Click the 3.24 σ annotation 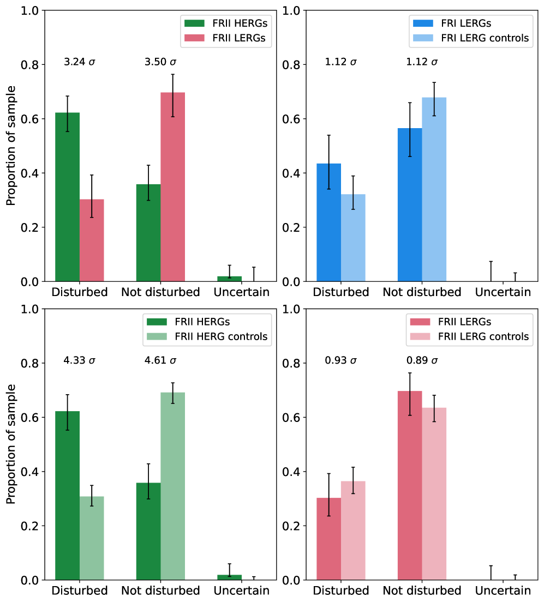pos(80,62)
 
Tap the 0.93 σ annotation pos(340,360)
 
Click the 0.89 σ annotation pos(422,360)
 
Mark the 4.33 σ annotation pos(80,360)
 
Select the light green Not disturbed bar pos(172,486)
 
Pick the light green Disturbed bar pos(92,538)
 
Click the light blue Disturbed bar pos(353,238)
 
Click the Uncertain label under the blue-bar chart pos(503,292)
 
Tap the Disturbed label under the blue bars pos(341,292)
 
